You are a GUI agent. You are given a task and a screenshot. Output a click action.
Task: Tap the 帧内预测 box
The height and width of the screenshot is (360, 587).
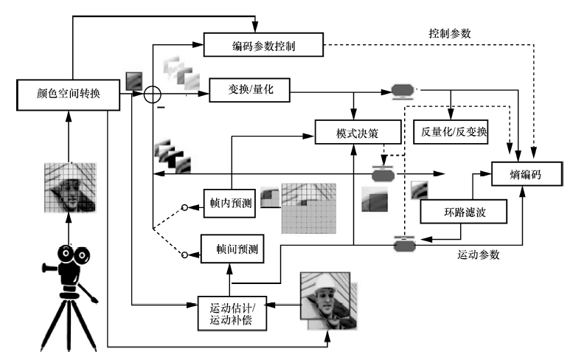click(x=229, y=203)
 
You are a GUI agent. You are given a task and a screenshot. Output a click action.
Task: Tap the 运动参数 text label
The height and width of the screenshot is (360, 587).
click(x=479, y=255)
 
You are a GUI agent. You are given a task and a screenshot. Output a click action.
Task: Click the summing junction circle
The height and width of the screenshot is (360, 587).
click(x=152, y=95)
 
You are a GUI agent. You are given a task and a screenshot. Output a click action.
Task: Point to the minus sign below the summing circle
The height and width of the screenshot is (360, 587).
click(x=158, y=111)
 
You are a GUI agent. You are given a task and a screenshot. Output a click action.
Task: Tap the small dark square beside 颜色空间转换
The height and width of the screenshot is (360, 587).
click(x=133, y=80)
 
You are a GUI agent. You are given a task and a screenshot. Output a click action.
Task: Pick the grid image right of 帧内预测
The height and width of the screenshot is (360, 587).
click(x=307, y=209)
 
